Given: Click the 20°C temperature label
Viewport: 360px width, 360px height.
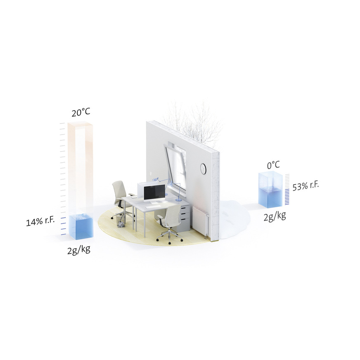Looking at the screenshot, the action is (x=81, y=112).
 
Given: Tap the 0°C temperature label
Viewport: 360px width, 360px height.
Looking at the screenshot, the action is (x=273, y=165).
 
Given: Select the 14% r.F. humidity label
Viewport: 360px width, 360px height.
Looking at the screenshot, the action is (x=40, y=221).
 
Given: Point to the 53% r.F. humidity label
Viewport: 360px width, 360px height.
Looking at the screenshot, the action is (x=306, y=186).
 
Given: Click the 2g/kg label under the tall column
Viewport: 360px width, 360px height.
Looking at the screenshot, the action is (x=79, y=250).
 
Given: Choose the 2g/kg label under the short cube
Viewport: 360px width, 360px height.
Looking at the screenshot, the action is (x=275, y=216).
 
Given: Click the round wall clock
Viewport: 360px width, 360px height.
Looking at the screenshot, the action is (x=203, y=168).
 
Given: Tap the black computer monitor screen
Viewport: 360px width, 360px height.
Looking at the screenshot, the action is (x=154, y=192).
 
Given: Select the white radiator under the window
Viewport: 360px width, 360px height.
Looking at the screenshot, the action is (x=200, y=220).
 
